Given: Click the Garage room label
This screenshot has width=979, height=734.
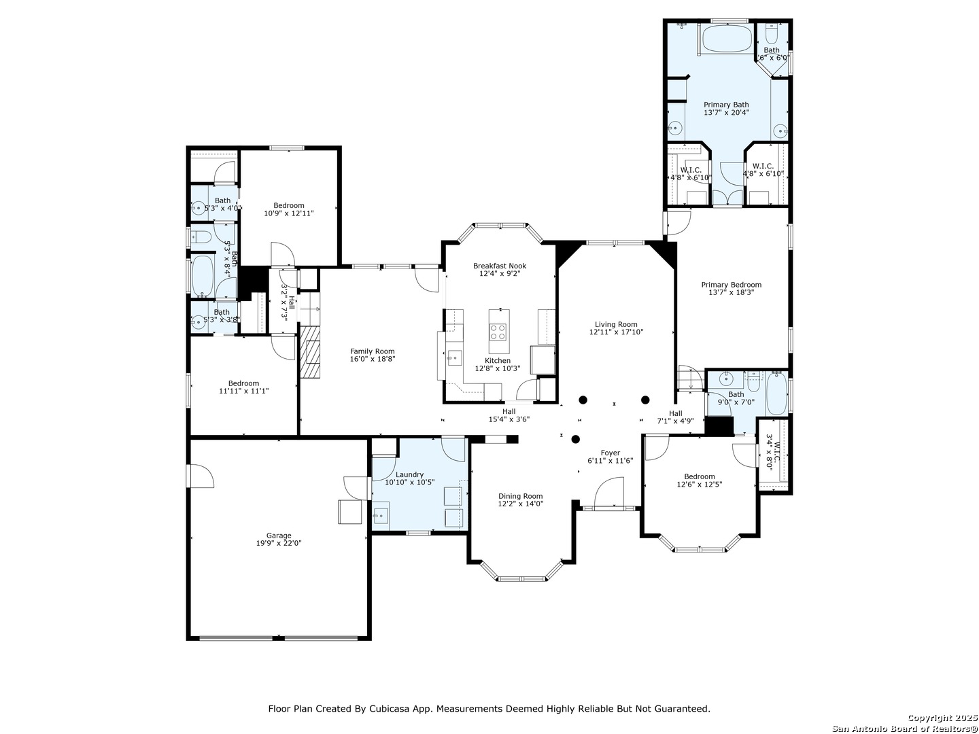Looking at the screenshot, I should point(279,536).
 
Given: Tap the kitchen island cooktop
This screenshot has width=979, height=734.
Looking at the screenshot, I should point(498,332).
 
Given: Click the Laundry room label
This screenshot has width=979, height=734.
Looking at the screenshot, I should point(409,474).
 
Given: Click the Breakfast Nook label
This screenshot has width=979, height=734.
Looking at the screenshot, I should point(500,266).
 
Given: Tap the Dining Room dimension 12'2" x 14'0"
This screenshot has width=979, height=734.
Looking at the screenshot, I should point(520,504).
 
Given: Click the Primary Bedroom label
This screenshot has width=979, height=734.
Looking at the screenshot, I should point(731,285).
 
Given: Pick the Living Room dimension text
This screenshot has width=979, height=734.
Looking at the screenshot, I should point(616,332).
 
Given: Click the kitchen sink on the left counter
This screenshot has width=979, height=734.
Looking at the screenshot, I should point(453,355).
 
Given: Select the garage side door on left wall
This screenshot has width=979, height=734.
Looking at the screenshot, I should point(200,476).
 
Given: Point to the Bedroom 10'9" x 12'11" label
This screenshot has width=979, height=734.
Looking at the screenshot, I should point(289,205).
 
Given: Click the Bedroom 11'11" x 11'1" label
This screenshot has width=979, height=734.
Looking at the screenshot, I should point(243,383).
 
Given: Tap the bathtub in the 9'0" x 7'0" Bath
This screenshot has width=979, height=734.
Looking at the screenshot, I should point(776,394).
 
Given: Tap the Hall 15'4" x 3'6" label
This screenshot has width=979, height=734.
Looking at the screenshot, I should point(509,411).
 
